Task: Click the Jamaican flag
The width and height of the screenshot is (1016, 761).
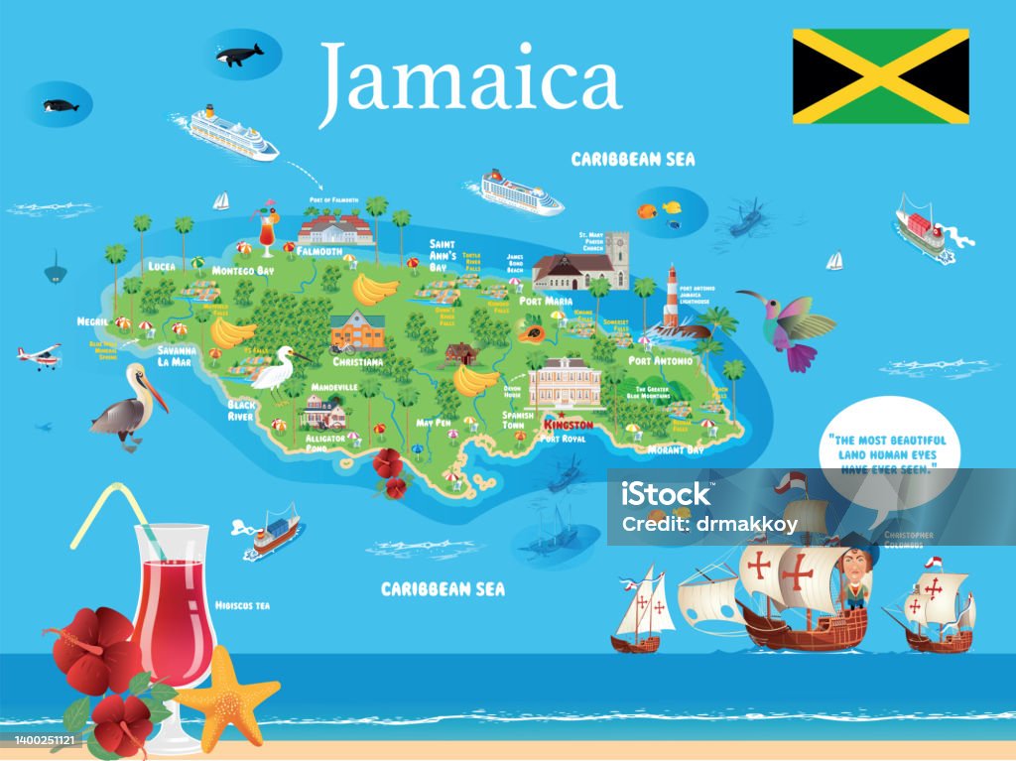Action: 880,75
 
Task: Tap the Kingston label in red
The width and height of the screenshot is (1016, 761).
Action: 569,424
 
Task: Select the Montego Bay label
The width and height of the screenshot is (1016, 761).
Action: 243,270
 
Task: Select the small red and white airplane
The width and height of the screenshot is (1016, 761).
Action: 39,356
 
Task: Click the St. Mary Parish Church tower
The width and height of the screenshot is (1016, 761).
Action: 618,258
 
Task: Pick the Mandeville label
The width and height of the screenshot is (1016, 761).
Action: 333,386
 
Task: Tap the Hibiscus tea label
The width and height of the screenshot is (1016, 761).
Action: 244,604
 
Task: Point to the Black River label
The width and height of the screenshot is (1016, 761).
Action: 241,411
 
